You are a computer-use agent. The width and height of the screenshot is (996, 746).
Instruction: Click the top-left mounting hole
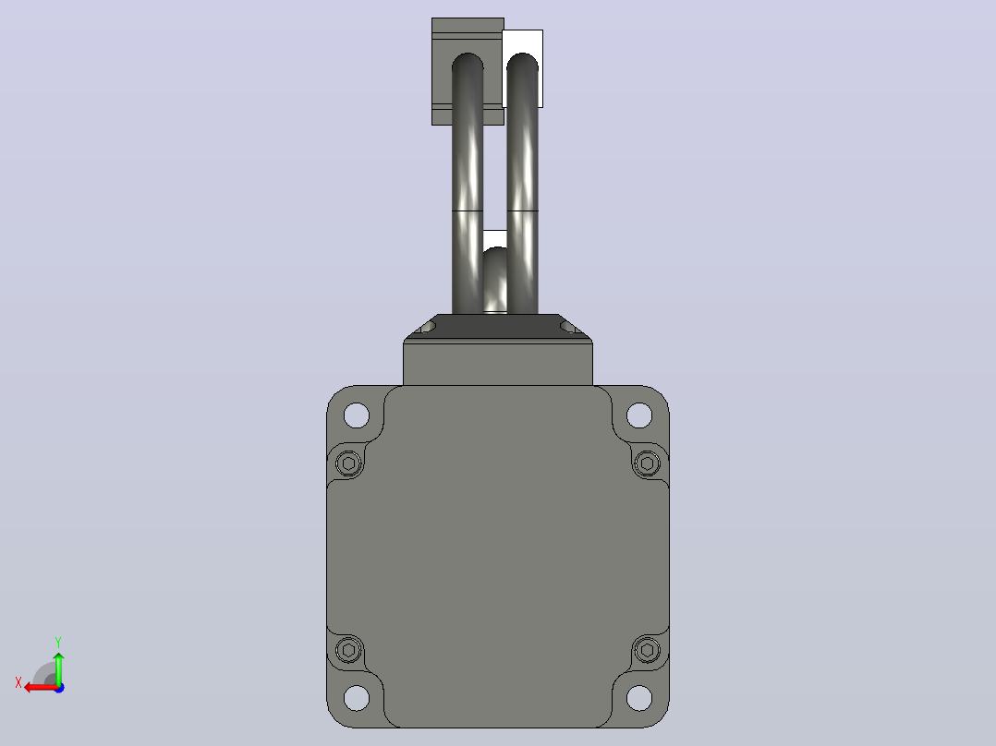pyautogui.click(x=357, y=415)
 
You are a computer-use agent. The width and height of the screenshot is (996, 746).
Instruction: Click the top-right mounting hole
pyautogui.click(x=639, y=415)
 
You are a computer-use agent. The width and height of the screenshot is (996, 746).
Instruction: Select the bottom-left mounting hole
pyautogui.click(x=357, y=698)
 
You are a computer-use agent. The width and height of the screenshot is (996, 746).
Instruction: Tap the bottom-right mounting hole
pyautogui.click(x=639, y=698)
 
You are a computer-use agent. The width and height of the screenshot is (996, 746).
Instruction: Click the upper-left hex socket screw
pyautogui.click(x=348, y=463)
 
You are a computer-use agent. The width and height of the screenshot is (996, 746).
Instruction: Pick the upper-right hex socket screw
pyautogui.click(x=648, y=463)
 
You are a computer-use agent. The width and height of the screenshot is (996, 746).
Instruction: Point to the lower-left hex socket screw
pyautogui.click(x=348, y=649)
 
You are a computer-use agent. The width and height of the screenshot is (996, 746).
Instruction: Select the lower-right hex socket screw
pyautogui.click(x=648, y=649)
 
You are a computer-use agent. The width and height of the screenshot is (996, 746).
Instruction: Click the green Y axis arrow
pyautogui.click(x=58, y=668)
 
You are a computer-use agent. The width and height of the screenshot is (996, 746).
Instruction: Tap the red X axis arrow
pyautogui.click(x=42, y=688)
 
